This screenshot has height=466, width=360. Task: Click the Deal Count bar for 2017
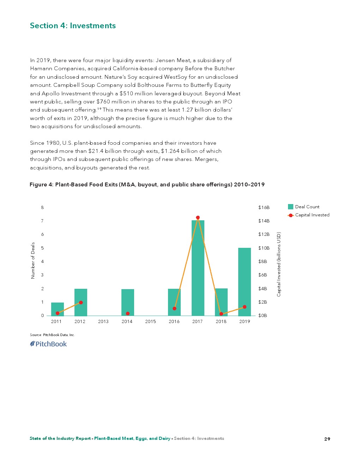click(198, 268)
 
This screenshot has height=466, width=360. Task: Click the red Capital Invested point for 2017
click(198, 217)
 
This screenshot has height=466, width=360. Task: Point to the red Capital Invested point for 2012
click(81, 303)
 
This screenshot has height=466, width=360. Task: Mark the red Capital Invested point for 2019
click(245, 307)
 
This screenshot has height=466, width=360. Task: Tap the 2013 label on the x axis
click(103, 322)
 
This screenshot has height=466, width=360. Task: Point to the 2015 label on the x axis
click(150, 322)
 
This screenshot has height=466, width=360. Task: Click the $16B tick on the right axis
click(264, 208)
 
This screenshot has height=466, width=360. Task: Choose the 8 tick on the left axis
click(42, 208)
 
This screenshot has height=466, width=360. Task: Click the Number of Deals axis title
click(33, 261)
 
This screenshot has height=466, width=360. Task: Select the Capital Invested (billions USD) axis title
click(279, 264)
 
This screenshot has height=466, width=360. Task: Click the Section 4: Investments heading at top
click(73, 26)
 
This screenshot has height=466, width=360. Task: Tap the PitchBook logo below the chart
click(48, 344)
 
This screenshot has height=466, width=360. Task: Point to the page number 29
click(327, 439)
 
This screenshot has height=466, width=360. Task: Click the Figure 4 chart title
click(147, 185)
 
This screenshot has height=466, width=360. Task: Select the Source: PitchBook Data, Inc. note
click(52, 335)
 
